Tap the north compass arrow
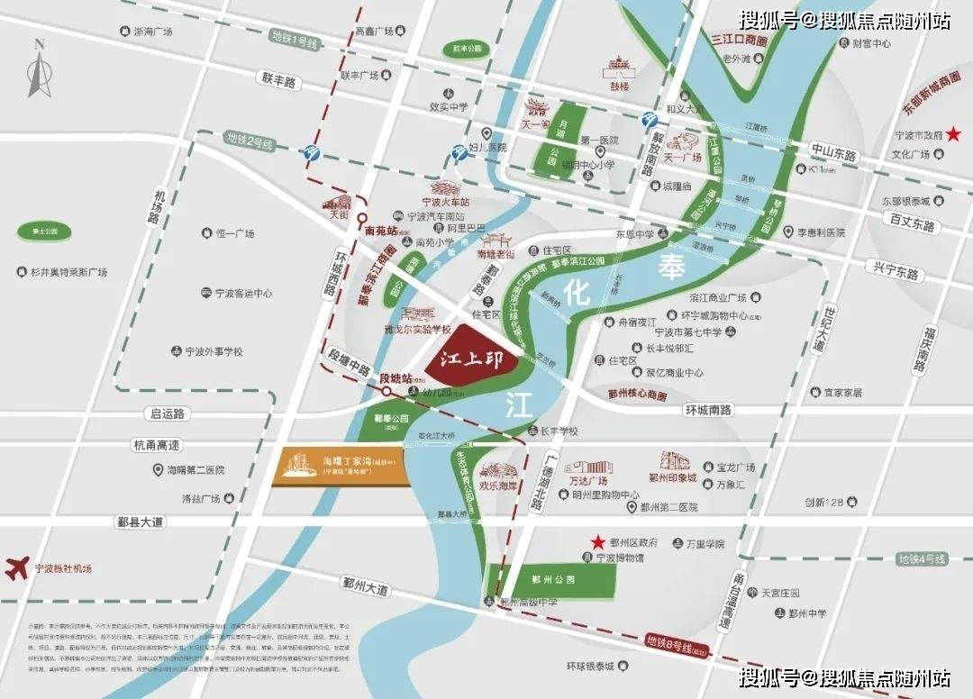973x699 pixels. point(39,69)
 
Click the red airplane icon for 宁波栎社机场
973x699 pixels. point(16,568)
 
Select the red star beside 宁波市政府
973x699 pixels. point(953,134)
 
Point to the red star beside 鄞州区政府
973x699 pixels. point(596,542)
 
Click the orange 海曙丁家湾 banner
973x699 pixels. point(341,467)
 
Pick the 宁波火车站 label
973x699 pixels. point(448,202)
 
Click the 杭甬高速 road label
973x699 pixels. point(157,445)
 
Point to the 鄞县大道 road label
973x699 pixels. point(140,522)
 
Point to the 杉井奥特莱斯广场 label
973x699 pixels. point(68,271)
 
